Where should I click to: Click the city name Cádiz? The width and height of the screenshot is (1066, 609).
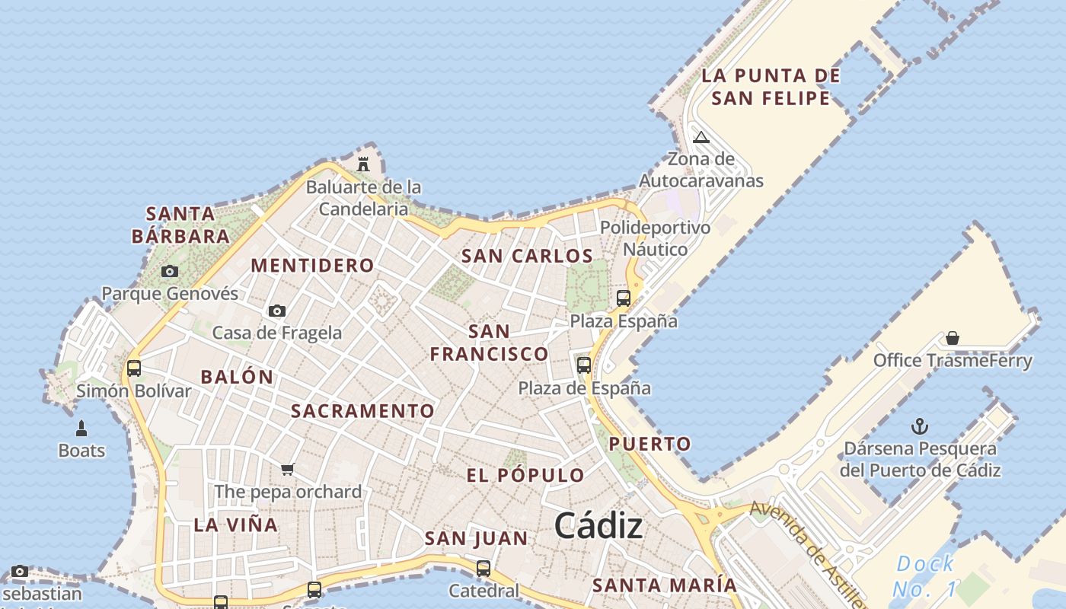[598, 526]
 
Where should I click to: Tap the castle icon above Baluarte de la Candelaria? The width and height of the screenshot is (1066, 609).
[363, 164]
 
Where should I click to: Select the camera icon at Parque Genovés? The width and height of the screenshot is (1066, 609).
[170, 271]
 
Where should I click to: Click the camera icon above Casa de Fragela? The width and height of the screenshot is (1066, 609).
[277, 311]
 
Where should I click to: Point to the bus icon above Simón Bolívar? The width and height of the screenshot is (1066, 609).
[134, 368]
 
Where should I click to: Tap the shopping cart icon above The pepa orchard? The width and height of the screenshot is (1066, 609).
[287, 469]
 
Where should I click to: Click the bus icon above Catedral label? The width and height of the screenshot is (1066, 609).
[483, 568]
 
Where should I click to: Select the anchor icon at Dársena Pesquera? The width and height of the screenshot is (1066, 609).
[920, 426]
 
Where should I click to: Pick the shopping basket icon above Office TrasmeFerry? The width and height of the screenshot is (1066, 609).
[952, 337]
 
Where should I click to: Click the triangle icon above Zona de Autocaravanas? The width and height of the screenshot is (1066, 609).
[701, 137]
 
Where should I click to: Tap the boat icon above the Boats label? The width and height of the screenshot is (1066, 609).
[81, 429]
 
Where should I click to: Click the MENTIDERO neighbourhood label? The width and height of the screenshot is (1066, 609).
[312, 266]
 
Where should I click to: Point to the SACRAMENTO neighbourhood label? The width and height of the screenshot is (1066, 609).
[362, 411]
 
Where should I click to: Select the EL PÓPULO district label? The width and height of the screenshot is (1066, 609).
[525, 476]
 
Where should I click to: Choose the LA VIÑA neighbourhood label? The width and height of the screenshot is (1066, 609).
[235, 525]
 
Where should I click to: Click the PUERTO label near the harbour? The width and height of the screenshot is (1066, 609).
[649, 444]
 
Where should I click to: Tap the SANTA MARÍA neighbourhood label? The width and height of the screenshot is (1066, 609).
[665, 585]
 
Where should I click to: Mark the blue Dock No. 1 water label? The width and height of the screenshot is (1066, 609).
[924, 576]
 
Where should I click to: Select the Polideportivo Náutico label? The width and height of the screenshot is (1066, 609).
[655, 238]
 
